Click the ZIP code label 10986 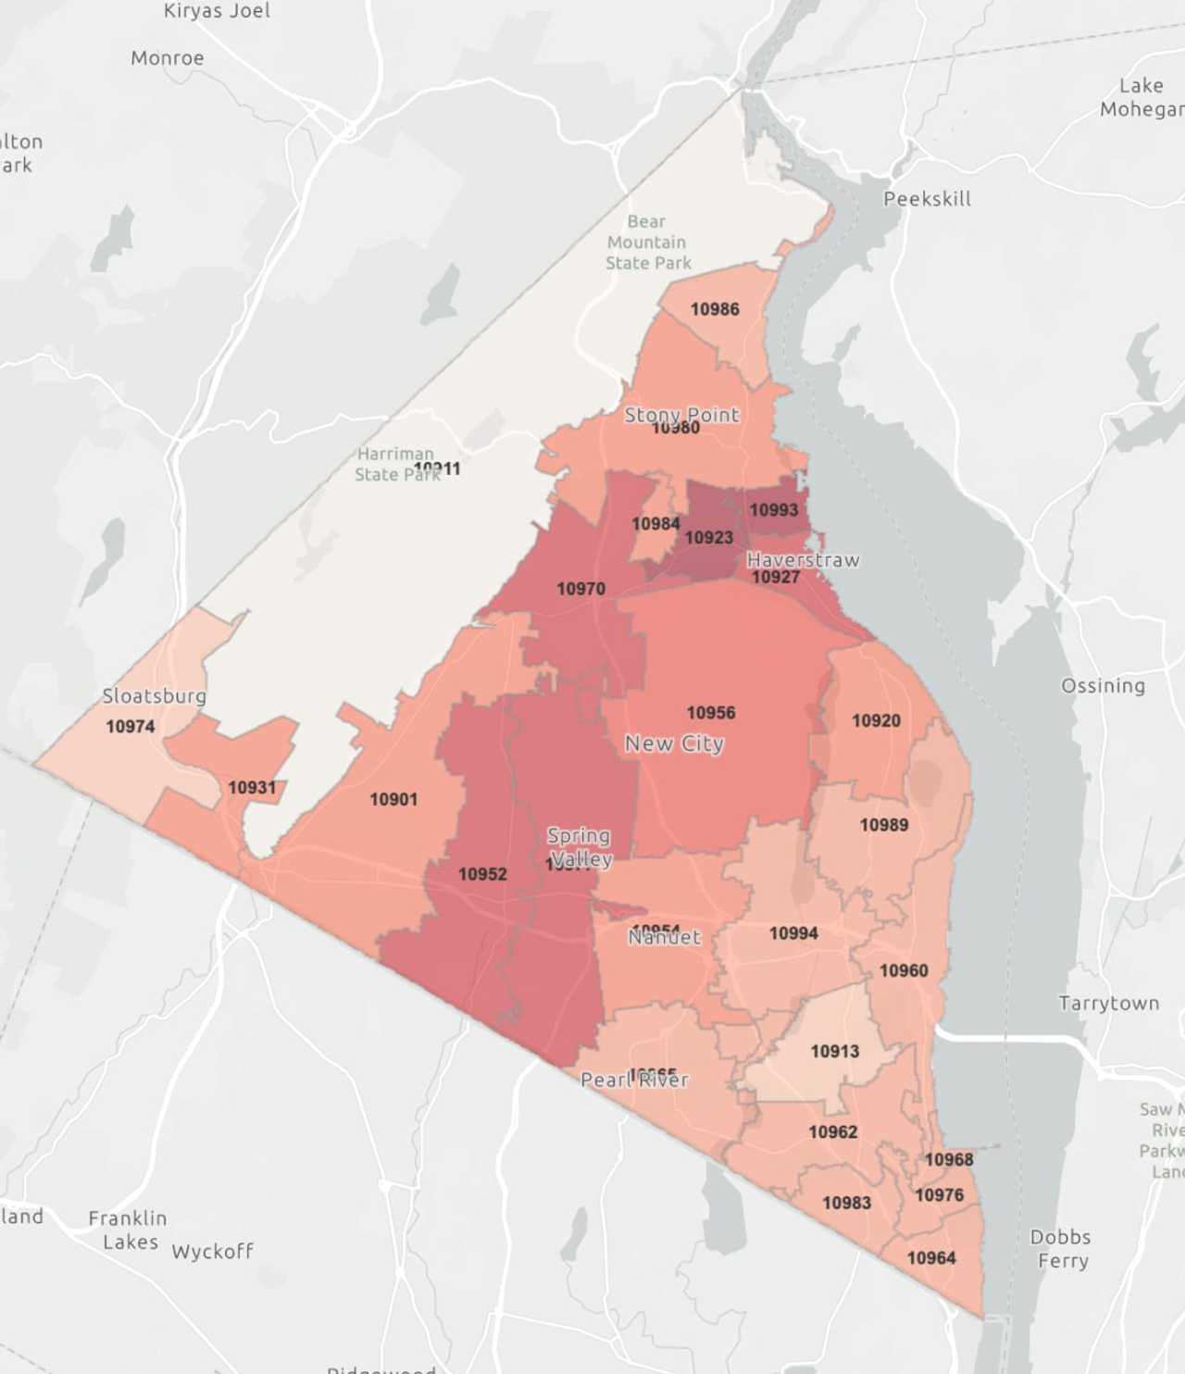(x=715, y=309)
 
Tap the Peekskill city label (x=927, y=199)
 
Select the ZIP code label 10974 (x=131, y=727)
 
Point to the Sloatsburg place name (x=154, y=696)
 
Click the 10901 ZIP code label (x=393, y=799)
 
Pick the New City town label (x=674, y=743)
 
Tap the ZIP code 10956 (x=711, y=713)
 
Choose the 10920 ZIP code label (x=876, y=720)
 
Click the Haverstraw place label (x=803, y=560)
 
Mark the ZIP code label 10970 (x=580, y=589)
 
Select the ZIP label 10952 (x=482, y=874)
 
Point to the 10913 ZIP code (x=834, y=1052)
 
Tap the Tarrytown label (x=1108, y=1004)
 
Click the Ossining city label (x=1103, y=686)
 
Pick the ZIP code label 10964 (x=931, y=1258)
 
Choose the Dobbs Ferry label (x=1061, y=1248)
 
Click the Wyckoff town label (x=212, y=1252)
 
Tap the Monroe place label (x=168, y=58)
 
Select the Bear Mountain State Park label (x=647, y=243)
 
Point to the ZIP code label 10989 (x=884, y=825)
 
